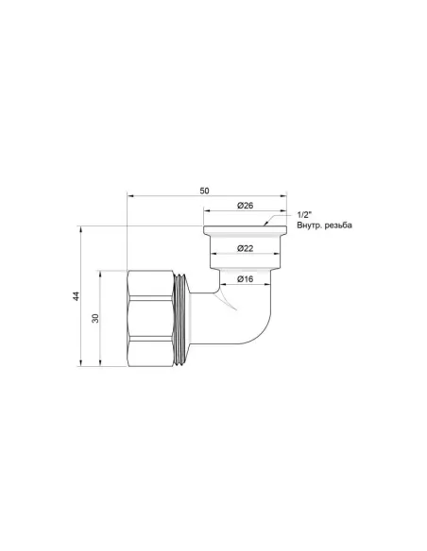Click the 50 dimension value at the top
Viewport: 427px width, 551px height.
click(205, 192)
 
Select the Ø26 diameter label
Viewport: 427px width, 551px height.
click(243, 206)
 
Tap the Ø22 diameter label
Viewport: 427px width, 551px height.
click(243, 248)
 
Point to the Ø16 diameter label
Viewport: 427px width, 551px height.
click(243, 279)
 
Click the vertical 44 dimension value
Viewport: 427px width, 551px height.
click(77, 297)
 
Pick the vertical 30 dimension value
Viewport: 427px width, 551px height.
click(95, 319)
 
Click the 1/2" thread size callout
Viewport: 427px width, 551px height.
click(304, 215)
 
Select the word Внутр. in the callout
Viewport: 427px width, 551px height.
click(313, 226)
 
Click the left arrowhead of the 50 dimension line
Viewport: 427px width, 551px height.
click(130, 197)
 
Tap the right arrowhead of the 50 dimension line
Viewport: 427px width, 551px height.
click(282, 197)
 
